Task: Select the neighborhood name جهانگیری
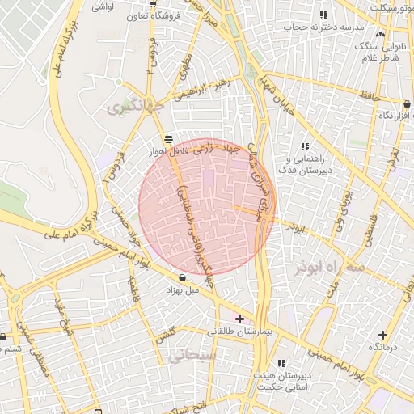136,106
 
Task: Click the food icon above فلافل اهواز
167,138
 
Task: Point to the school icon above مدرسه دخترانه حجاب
323,15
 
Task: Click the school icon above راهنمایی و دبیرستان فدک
305,146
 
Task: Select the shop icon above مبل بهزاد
182,277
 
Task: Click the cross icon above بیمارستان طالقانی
239,319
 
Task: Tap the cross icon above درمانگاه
382,335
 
